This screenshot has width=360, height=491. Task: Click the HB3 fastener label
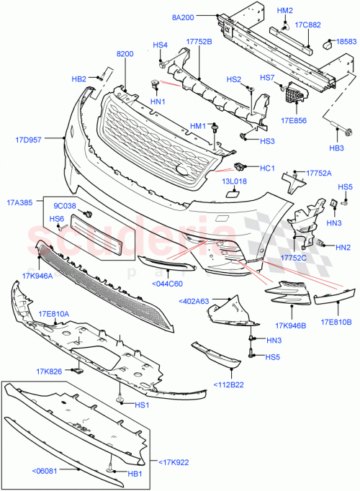[337, 149]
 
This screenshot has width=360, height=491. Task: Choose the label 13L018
[234, 182]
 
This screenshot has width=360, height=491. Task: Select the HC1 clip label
[268, 168]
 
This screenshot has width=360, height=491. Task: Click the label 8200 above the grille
[125, 53]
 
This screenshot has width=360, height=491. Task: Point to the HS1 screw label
[143, 405]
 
